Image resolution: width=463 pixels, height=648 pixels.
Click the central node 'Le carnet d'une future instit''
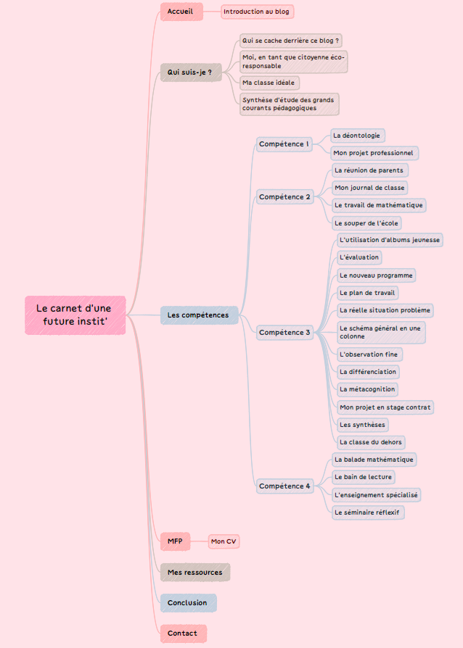coord(75,315)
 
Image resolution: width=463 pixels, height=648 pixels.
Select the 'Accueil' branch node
coord(181,12)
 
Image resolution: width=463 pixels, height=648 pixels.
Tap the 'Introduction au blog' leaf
coord(257,12)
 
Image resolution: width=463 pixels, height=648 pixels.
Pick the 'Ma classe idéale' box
coord(269,83)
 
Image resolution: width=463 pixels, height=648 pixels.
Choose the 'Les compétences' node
coord(198,315)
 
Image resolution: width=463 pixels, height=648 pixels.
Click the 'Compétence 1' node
coord(284,144)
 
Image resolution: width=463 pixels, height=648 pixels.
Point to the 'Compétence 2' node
coord(285,196)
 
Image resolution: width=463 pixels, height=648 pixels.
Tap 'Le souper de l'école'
coord(367,223)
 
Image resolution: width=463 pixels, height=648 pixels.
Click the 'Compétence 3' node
coord(285,332)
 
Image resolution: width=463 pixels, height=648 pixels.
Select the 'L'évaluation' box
coord(359,257)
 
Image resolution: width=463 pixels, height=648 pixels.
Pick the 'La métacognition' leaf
coord(368,389)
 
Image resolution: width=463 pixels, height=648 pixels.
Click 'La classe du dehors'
coord(370,441)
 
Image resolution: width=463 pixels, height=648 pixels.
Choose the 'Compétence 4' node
coord(285,486)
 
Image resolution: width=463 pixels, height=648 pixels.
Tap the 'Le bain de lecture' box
coord(363,477)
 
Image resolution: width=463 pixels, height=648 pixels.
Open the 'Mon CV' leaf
coord(224,541)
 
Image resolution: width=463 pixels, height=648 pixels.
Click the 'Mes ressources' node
coord(194,573)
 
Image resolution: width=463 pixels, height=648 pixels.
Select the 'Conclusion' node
coord(187,603)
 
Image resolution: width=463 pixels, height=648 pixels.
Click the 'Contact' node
coord(182,634)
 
